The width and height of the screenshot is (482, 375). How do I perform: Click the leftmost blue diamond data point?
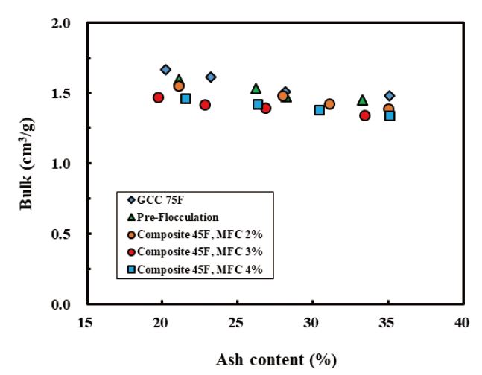pyautogui.click(x=165, y=70)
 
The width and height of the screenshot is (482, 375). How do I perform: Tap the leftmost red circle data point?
pyautogui.click(x=158, y=97)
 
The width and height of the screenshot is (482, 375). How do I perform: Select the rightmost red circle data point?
pyautogui.click(x=365, y=115)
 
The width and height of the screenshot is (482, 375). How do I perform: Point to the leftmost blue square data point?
pyautogui.click(x=185, y=98)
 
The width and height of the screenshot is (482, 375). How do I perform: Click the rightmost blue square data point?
pyautogui.click(x=390, y=115)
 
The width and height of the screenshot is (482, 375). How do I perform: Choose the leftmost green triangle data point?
pyautogui.click(x=179, y=80)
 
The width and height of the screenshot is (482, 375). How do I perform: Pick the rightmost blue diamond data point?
pyautogui.click(x=390, y=96)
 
